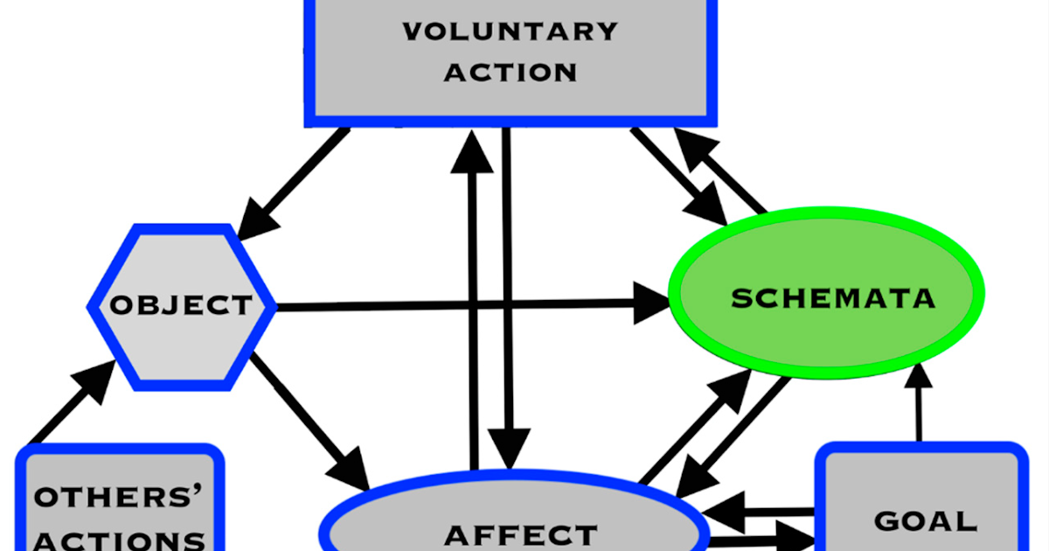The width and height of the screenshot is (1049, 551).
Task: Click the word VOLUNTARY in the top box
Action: point(511,32)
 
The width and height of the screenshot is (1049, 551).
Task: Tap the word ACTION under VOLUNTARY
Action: point(511,72)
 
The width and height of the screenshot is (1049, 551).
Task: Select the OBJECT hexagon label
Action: point(181,305)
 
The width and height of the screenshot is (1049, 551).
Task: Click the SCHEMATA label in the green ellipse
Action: point(833,298)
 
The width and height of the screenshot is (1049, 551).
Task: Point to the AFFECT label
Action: point(520,534)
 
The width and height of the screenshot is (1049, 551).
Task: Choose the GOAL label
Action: point(925,521)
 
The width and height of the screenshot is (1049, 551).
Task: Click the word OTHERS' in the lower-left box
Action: point(117,496)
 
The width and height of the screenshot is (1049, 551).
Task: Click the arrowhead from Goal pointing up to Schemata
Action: point(919,374)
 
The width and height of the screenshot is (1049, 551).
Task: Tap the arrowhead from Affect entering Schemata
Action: point(735,386)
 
